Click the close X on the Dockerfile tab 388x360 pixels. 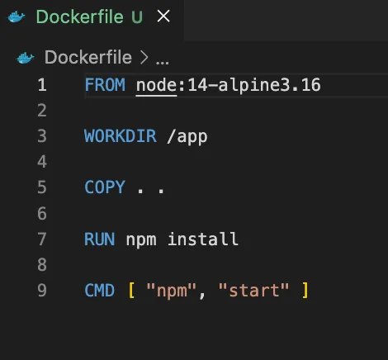pos(163,16)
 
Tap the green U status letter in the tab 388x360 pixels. pos(137,17)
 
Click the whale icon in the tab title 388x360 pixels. pos(17,17)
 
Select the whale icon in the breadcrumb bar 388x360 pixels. pos(26,58)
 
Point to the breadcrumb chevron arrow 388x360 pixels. pos(144,58)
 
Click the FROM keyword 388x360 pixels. pos(105,85)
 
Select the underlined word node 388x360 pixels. pos(156,85)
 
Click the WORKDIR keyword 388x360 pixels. pos(121,136)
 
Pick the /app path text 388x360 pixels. pos(187,136)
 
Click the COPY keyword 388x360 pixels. pos(105,187)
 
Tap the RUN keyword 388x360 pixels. pos(100,239)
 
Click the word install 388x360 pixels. pos(203,239)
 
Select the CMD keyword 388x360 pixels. pos(100,291)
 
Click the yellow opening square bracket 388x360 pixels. pos(131,291)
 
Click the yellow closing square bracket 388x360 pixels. pos(305,291)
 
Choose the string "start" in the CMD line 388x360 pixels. pos(253,290)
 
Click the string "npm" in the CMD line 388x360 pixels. pos(172,291)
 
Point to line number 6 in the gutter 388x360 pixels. pos(42,214)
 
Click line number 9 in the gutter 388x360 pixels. pos(42,291)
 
